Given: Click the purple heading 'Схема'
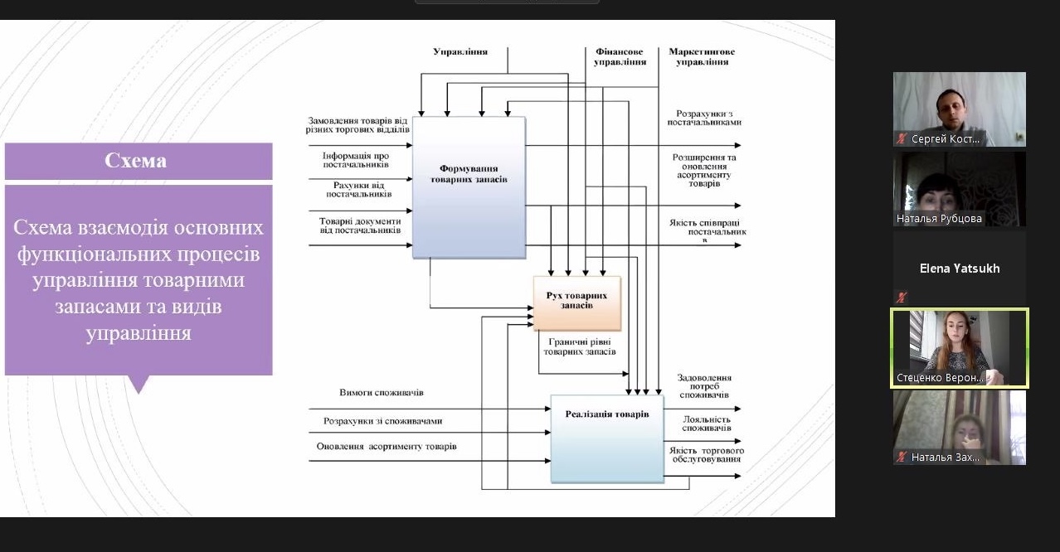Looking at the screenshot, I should pos(138,161).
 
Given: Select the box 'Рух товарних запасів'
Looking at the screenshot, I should pos(576,303).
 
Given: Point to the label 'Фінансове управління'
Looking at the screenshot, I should pos(620,56).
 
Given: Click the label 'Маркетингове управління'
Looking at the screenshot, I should pos(702,56).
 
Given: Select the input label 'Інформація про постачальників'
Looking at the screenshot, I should pos(357,160).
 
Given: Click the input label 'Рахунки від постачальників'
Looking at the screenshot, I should pos(358,189).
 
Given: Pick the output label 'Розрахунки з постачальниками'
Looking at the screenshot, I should pos(704,117).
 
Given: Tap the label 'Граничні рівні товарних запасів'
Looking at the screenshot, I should pos(580,346).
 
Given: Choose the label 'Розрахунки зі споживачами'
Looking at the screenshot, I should pos(382,421).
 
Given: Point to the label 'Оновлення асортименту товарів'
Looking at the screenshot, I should pos(387,447).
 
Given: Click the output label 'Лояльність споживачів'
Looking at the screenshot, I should pos(707,423).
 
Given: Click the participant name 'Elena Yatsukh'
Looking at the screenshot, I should pos(960,269).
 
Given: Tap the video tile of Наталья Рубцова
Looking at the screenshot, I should pos(960,188).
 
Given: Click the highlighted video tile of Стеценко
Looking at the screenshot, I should pos(960,348).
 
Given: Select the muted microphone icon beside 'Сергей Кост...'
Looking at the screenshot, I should pos(902,139).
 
